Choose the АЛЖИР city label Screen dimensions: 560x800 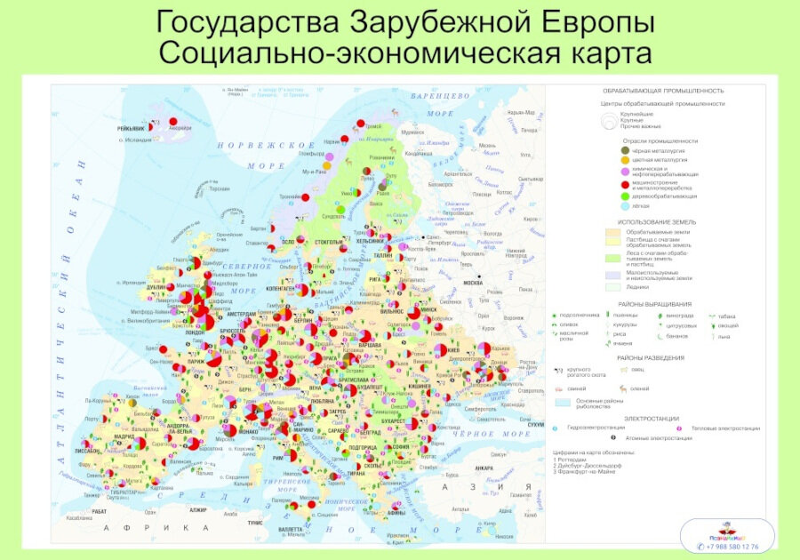(197, 510)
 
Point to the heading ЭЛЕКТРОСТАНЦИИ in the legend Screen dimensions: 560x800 (652, 418)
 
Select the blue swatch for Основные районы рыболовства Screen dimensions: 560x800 (565, 401)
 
